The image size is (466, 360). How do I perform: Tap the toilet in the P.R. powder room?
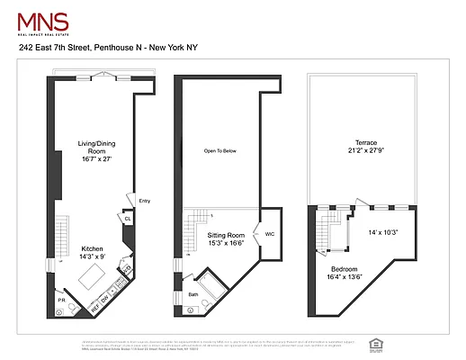(59, 311)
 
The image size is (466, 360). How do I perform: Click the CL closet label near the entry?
(128, 218)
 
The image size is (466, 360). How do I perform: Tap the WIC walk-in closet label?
(268, 233)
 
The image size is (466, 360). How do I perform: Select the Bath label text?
(193, 294)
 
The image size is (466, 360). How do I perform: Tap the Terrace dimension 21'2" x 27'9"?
(364, 151)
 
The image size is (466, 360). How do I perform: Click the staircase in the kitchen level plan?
(61, 230)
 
